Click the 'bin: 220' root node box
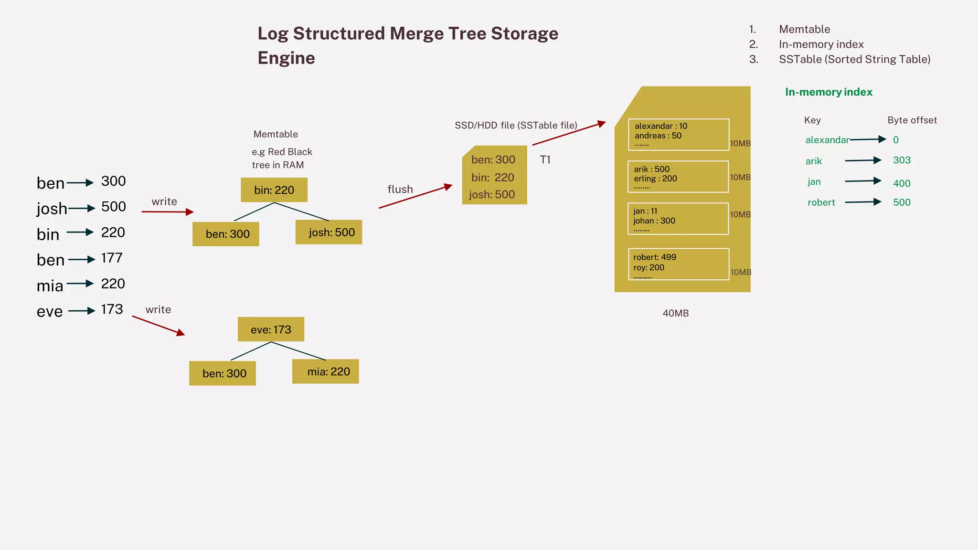(274, 190)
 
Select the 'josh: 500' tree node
(329, 233)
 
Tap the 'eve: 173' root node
(271, 329)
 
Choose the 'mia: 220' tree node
(326, 371)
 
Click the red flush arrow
(415, 196)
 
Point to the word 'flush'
(400, 189)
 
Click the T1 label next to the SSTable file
(545, 159)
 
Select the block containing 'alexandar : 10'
(678, 135)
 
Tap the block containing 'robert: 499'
(678, 264)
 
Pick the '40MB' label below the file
(675, 313)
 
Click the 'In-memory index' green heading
(829, 92)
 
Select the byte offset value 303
(902, 160)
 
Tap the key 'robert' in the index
(821, 202)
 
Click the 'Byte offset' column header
(912, 120)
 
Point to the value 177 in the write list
(112, 258)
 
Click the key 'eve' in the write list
(50, 311)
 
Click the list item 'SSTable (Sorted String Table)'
(854, 59)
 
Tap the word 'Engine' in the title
(286, 58)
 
